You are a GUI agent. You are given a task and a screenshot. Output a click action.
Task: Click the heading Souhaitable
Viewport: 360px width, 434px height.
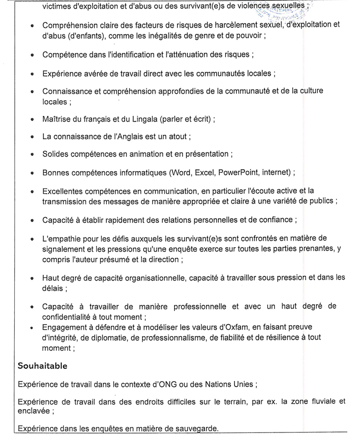point(43,365)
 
